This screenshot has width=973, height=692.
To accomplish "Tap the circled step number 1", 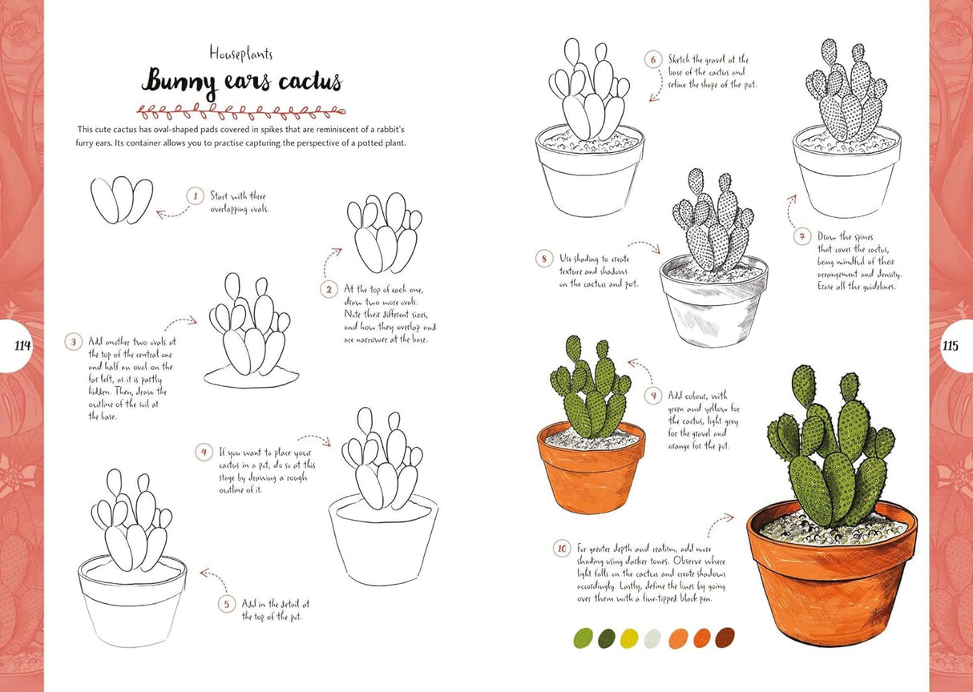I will click(x=194, y=195).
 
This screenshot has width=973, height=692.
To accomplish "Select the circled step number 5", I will click(x=226, y=603).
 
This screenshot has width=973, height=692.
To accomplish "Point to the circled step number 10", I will click(x=562, y=549).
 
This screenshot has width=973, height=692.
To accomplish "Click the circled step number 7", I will click(x=802, y=236).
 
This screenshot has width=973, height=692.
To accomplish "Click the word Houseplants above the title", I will click(x=240, y=54).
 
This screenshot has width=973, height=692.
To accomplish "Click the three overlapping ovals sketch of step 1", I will click(x=122, y=199).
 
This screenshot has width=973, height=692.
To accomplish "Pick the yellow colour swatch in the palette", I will click(x=630, y=638).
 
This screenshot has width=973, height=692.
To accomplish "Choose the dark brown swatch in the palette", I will click(x=725, y=638).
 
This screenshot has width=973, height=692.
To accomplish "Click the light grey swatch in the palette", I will click(x=654, y=638).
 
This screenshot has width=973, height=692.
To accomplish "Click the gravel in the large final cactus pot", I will click(x=834, y=529).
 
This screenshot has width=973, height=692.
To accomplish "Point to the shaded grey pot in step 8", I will click(x=713, y=308).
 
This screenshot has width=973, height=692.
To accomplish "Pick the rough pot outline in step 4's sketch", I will click(x=383, y=537).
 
